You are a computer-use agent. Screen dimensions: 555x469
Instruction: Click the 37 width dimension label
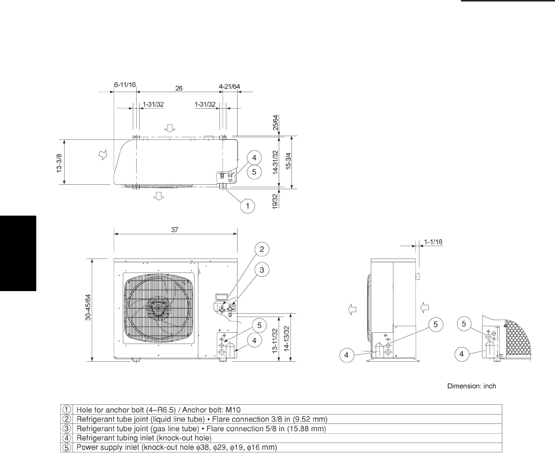click(x=175, y=229)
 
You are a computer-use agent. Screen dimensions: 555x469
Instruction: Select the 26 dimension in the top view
click(x=179, y=88)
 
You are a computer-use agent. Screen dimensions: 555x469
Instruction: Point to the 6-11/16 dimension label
click(x=125, y=85)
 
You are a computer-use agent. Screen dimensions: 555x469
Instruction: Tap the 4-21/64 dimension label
click(x=229, y=86)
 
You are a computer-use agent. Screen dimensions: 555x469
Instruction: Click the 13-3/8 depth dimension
click(x=59, y=163)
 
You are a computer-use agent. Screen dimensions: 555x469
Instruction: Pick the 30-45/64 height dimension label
click(x=88, y=307)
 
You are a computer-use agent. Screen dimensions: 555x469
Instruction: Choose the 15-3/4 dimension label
click(x=289, y=161)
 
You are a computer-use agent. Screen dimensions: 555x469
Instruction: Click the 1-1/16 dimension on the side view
click(x=433, y=242)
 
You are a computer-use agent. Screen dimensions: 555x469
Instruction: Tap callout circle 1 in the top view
click(x=247, y=206)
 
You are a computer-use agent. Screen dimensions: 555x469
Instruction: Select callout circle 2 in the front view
click(x=262, y=249)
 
